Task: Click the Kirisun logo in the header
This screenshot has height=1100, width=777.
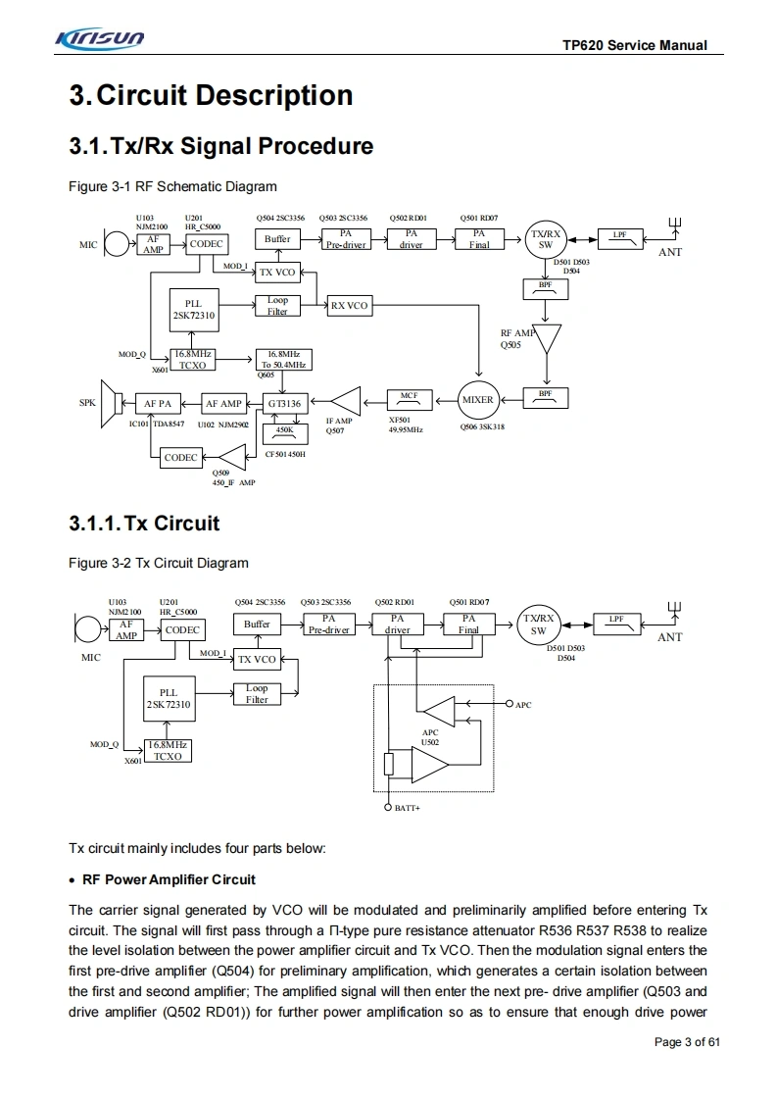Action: (101, 39)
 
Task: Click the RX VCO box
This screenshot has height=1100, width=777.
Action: (349, 306)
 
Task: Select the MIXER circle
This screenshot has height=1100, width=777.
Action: (478, 400)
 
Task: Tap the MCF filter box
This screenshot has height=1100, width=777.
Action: (409, 399)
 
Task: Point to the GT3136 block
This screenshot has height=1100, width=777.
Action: (284, 403)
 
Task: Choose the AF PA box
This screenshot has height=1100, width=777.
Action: (157, 403)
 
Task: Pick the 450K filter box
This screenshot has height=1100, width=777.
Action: (284, 429)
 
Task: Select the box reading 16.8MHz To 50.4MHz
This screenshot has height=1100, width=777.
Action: (284, 359)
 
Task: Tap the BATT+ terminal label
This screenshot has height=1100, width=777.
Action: (407, 809)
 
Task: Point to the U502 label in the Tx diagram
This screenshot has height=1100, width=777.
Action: (429, 742)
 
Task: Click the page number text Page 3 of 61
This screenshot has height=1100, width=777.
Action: (687, 1041)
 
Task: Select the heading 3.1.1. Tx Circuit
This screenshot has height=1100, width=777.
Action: (144, 523)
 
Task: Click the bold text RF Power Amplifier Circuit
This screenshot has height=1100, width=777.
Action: (169, 878)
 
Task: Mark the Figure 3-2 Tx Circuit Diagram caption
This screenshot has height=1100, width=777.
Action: (158, 563)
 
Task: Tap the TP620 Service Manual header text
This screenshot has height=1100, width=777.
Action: (634, 46)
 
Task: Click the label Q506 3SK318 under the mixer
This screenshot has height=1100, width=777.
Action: (482, 427)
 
